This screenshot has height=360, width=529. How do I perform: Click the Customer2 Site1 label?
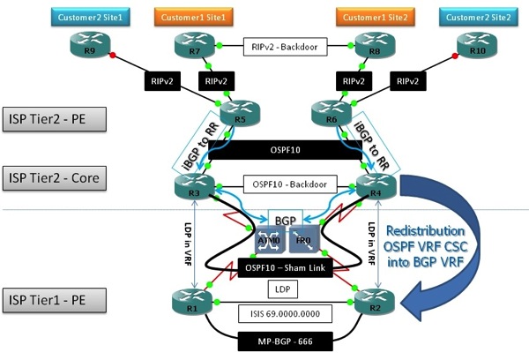tap(86, 17)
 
